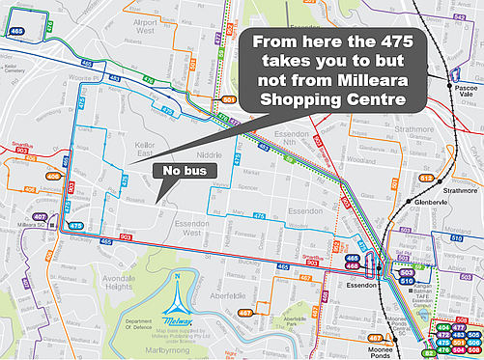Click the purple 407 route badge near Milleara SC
40,217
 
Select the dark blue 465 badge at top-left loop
17,31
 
